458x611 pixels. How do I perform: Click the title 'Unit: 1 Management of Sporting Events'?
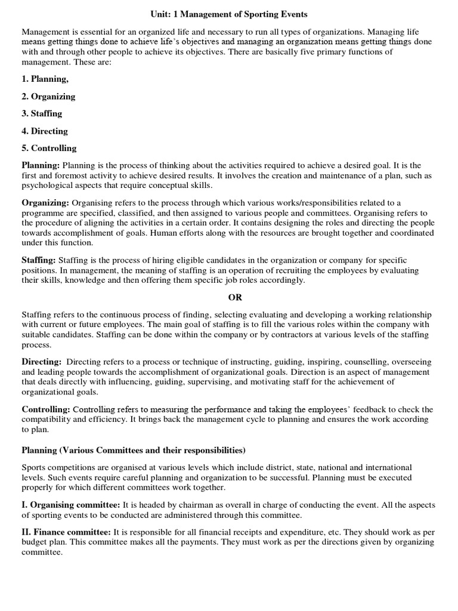228,13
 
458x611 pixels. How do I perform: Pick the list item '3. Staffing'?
42,113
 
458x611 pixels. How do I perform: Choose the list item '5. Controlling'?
49,148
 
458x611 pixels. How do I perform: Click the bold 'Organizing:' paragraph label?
46,203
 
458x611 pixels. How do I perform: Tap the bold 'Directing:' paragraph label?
42,362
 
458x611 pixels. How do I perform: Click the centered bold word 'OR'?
228,297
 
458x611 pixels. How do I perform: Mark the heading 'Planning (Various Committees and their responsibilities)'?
134,449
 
